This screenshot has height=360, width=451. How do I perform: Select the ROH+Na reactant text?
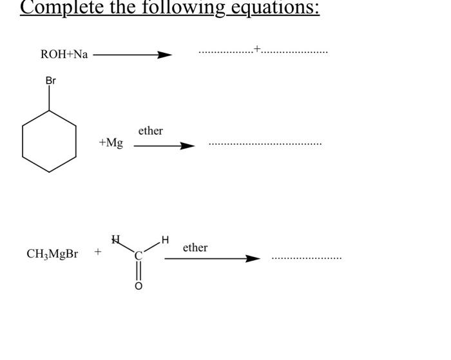pyautogui.click(x=64, y=55)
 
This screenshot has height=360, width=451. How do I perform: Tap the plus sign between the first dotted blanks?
pyautogui.click(x=257, y=48)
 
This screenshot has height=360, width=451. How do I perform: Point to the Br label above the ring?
pyautogui.click(x=50, y=81)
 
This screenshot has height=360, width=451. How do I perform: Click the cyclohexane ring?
pyautogui.click(x=50, y=141)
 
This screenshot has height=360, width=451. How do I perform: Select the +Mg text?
pyautogui.click(x=111, y=143)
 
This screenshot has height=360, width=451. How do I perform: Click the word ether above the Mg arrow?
pyautogui.click(x=150, y=131)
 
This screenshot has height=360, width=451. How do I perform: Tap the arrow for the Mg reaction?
pyautogui.click(x=164, y=146)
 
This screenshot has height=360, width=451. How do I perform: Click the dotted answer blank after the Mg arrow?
pyautogui.click(x=265, y=144)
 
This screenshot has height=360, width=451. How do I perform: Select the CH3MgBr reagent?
pyautogui.click(x=52, y=254)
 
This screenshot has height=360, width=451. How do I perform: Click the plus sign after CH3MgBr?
pyautogui.click(x=98, y=252)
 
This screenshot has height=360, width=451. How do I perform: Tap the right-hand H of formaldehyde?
pyautogui.click(x=166, y=240)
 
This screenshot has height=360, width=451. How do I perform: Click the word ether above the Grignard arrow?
pyautogui.click(x=195, y=248)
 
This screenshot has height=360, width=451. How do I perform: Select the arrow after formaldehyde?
pyautogui.click(x=212, y=259)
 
